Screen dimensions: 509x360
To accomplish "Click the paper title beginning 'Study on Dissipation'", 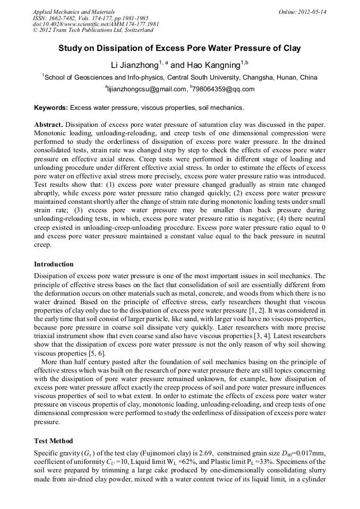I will coord(179,48).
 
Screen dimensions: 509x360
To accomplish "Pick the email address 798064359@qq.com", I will coord(224,89).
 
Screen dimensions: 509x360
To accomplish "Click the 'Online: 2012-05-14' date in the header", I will coord(302,12).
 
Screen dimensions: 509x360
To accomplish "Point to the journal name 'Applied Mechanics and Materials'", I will coord(73,12).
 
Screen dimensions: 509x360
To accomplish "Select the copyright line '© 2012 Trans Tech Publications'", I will coord(93,31).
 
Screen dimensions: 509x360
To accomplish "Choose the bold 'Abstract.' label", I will coord(49,124).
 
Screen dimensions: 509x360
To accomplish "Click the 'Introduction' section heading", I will coord(54,264).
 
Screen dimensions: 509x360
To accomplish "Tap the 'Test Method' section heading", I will coord(54,441).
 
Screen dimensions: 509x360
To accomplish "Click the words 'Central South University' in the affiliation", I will coord(220,77).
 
